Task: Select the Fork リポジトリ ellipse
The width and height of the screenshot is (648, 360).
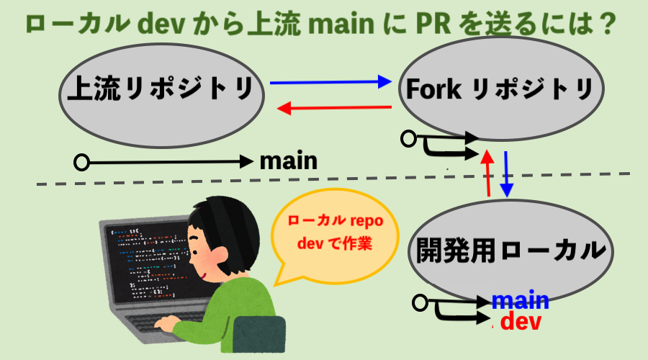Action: tap(498, 90)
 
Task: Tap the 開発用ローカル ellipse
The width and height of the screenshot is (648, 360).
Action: tap(509, 250)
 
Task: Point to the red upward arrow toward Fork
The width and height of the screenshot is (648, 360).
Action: tap(488, 173)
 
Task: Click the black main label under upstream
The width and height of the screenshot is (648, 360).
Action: tap(288, 160)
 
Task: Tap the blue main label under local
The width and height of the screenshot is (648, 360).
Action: tap(520, 300)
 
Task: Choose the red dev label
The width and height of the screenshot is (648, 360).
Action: tap(520, 321)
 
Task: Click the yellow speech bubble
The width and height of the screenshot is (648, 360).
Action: tap(333, 234)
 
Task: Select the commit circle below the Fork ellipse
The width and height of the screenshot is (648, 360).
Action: tap(410, 138)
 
